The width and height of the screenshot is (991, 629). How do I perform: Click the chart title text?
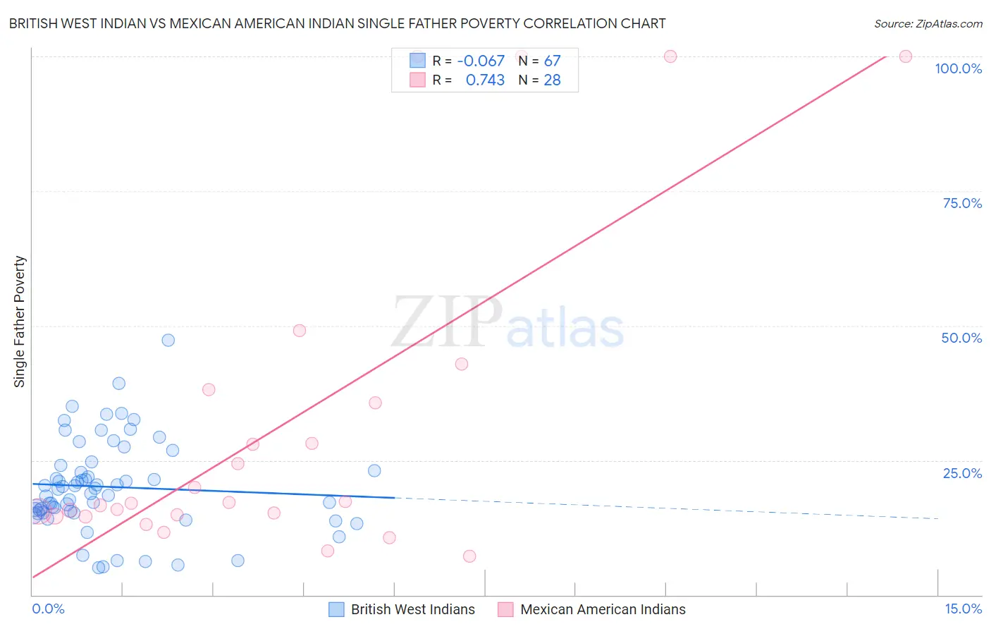[x=337, y=24]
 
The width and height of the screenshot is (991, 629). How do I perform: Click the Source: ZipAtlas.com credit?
[x=928, y=24]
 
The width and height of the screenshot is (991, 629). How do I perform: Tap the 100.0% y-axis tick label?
[x=958, y=68]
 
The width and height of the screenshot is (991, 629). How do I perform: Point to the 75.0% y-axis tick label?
[x=962, y=203]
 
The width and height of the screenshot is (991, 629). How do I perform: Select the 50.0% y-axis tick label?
[x=961, y=338]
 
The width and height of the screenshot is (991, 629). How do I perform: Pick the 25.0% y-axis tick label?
[x=962, y=473]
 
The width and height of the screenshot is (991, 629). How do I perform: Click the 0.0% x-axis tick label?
[x=48, y=609]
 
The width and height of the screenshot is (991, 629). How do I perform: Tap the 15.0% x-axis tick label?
[x=963, y=609]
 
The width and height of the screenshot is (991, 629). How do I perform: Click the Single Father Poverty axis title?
[x=20, y=322]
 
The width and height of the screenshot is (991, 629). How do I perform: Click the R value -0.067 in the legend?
[x=481, y=61]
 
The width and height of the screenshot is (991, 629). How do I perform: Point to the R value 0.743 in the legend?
[x=485, y=80]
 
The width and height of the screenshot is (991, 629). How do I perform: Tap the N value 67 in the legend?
[x=552, y=61]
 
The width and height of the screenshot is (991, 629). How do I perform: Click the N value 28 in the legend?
[x=552, y=80]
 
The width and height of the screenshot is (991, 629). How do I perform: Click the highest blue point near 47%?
[x=168, y=340]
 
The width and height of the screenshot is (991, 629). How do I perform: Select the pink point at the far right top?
[x=906, y=56]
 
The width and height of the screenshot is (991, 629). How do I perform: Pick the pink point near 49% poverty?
[x=300, y=331]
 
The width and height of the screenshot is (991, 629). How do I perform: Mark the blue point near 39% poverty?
[x=119, y=384]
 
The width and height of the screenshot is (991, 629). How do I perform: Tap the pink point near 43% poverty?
[x=462, y=364]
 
